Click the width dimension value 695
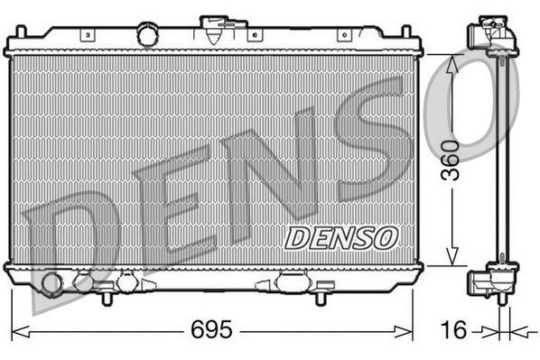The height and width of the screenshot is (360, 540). coord(211,329)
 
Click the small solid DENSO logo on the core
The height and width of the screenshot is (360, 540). coord(341,237)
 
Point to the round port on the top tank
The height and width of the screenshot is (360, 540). coord(147,34)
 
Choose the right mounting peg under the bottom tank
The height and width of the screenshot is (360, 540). coord(321,295)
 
